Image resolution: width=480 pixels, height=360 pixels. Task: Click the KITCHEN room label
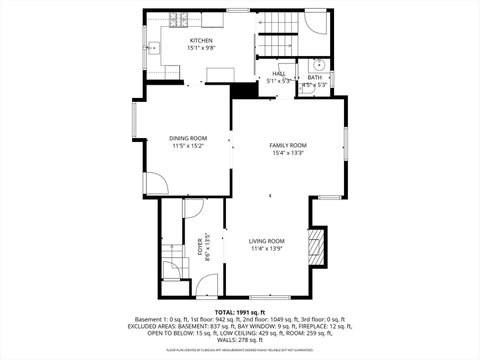(x=187, y=41)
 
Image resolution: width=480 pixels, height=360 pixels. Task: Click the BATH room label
(x=314, y=76)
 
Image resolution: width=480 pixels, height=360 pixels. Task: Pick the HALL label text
(x=279, y=74)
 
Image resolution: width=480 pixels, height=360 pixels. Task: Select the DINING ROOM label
(x=187, y=139)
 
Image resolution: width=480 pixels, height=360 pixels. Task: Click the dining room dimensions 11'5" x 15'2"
(x=187, y=146)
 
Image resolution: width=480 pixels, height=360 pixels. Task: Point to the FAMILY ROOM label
(x=288, y=146)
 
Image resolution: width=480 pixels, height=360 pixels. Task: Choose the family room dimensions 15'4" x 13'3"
(x=288, y=153)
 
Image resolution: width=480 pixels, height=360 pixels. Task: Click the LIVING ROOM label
(x=267, y=240)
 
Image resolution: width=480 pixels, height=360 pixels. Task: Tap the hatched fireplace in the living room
(x=316, y=246)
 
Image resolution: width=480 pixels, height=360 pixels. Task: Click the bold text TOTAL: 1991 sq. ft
(x=240, y=312)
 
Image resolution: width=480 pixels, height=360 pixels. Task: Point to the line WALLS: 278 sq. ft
(x=240, y=340)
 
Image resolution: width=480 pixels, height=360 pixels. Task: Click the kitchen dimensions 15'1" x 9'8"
(x=187, y=48)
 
